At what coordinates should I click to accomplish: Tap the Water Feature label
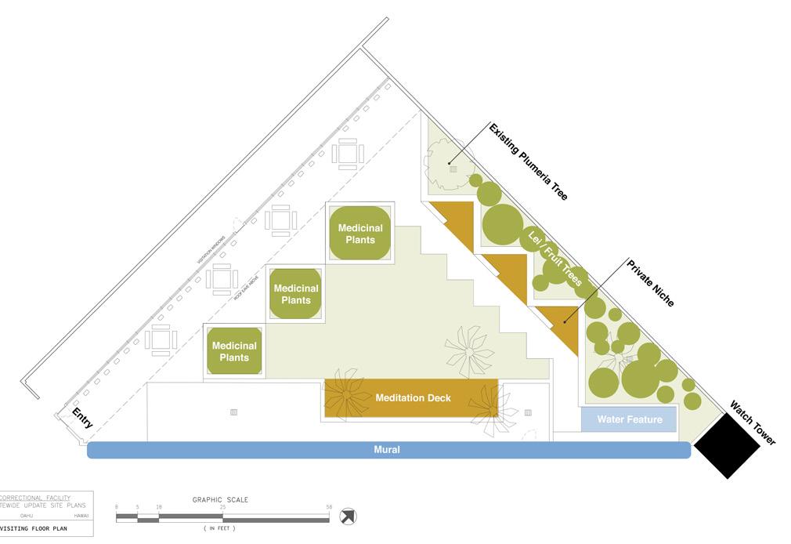tap(630, 419)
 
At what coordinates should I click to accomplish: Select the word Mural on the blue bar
tap(387, 450)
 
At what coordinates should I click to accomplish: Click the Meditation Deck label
tap(413, 398)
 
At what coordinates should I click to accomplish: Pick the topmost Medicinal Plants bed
tap(360, 234)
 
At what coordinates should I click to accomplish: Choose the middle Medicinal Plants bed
tap(296, 294)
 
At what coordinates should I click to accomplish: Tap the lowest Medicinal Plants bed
tap(234, 351)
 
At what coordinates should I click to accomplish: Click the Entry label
tap(82, 418)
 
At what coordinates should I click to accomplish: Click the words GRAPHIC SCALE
tap(221, 499)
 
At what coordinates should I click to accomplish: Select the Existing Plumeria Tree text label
tap(528, 161)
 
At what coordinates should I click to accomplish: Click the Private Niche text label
tap(650, 282)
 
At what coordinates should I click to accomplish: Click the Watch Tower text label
tap(753, 423)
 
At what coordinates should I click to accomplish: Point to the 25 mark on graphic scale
tap(223, 508)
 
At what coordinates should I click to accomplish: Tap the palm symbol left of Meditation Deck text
tap(345, 394)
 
